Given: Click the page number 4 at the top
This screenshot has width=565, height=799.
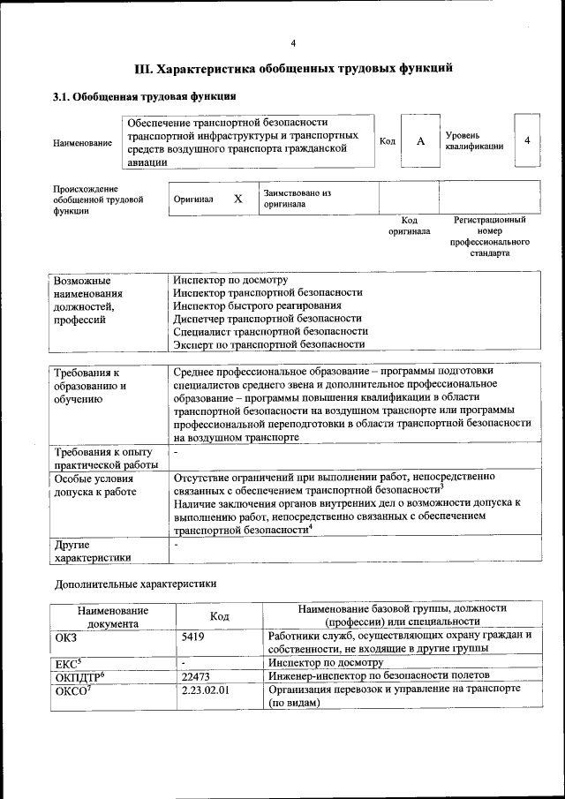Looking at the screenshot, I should point(293,43).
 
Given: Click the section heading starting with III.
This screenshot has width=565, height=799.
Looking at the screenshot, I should point(293,68).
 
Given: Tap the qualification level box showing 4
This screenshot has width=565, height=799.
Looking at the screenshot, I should point(527,140).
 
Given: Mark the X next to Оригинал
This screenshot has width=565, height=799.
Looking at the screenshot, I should point(237,199).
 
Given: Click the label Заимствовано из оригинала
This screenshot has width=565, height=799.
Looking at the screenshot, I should point(297,198).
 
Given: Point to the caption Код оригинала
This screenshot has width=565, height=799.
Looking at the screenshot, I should point(409,226).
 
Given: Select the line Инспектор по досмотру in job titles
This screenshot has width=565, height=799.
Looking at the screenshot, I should point(230,280).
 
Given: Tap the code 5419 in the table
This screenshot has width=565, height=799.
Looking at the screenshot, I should point(194,635).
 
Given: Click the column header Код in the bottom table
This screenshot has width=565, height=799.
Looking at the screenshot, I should point(220,615).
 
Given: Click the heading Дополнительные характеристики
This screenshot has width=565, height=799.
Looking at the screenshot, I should point(135,584).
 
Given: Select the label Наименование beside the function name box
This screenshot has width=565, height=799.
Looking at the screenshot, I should point(82,142).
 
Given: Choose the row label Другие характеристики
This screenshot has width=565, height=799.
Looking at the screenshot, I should point(93,551).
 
